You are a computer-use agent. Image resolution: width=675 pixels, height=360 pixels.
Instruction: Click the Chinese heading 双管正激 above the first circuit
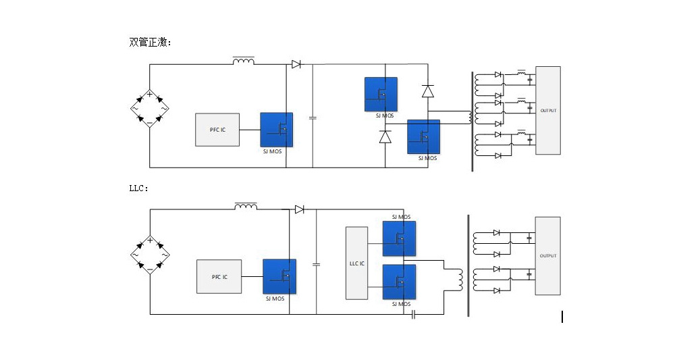(150, 42)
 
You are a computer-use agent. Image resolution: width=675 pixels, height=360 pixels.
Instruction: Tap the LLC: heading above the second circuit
(138, 188)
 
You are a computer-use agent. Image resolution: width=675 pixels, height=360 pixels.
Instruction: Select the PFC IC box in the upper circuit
(217, 130)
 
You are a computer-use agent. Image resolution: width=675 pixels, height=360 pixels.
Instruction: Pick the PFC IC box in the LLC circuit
(219, 276)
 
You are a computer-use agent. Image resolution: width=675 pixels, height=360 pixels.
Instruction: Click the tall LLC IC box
(356, 263)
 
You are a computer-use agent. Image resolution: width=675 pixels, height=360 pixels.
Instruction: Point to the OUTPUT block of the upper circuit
(548, 110)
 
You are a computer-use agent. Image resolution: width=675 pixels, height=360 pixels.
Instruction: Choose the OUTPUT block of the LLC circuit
(547, 256)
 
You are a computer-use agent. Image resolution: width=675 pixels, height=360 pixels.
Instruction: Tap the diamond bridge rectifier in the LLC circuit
(149, 255)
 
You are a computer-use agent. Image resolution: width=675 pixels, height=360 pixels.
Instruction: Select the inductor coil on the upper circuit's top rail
(244, 61)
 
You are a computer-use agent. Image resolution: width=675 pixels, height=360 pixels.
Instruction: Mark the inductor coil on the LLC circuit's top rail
(246, 206)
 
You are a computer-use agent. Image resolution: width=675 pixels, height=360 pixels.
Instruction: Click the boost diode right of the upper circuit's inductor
(296, 65)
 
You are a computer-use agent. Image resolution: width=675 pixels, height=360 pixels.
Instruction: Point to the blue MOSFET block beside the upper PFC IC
(277, 130)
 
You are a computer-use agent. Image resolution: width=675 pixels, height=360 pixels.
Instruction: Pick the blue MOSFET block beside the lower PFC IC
(279, 276)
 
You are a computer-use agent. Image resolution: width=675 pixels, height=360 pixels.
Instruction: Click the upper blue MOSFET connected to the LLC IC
(400, 238)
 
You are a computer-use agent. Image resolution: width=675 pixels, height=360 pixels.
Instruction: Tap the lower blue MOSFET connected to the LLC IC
(400, 282)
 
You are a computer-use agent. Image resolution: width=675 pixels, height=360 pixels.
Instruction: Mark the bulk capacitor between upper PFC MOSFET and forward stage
(313, 118)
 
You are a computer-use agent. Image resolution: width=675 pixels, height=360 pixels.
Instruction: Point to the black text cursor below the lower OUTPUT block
(562, 317)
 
